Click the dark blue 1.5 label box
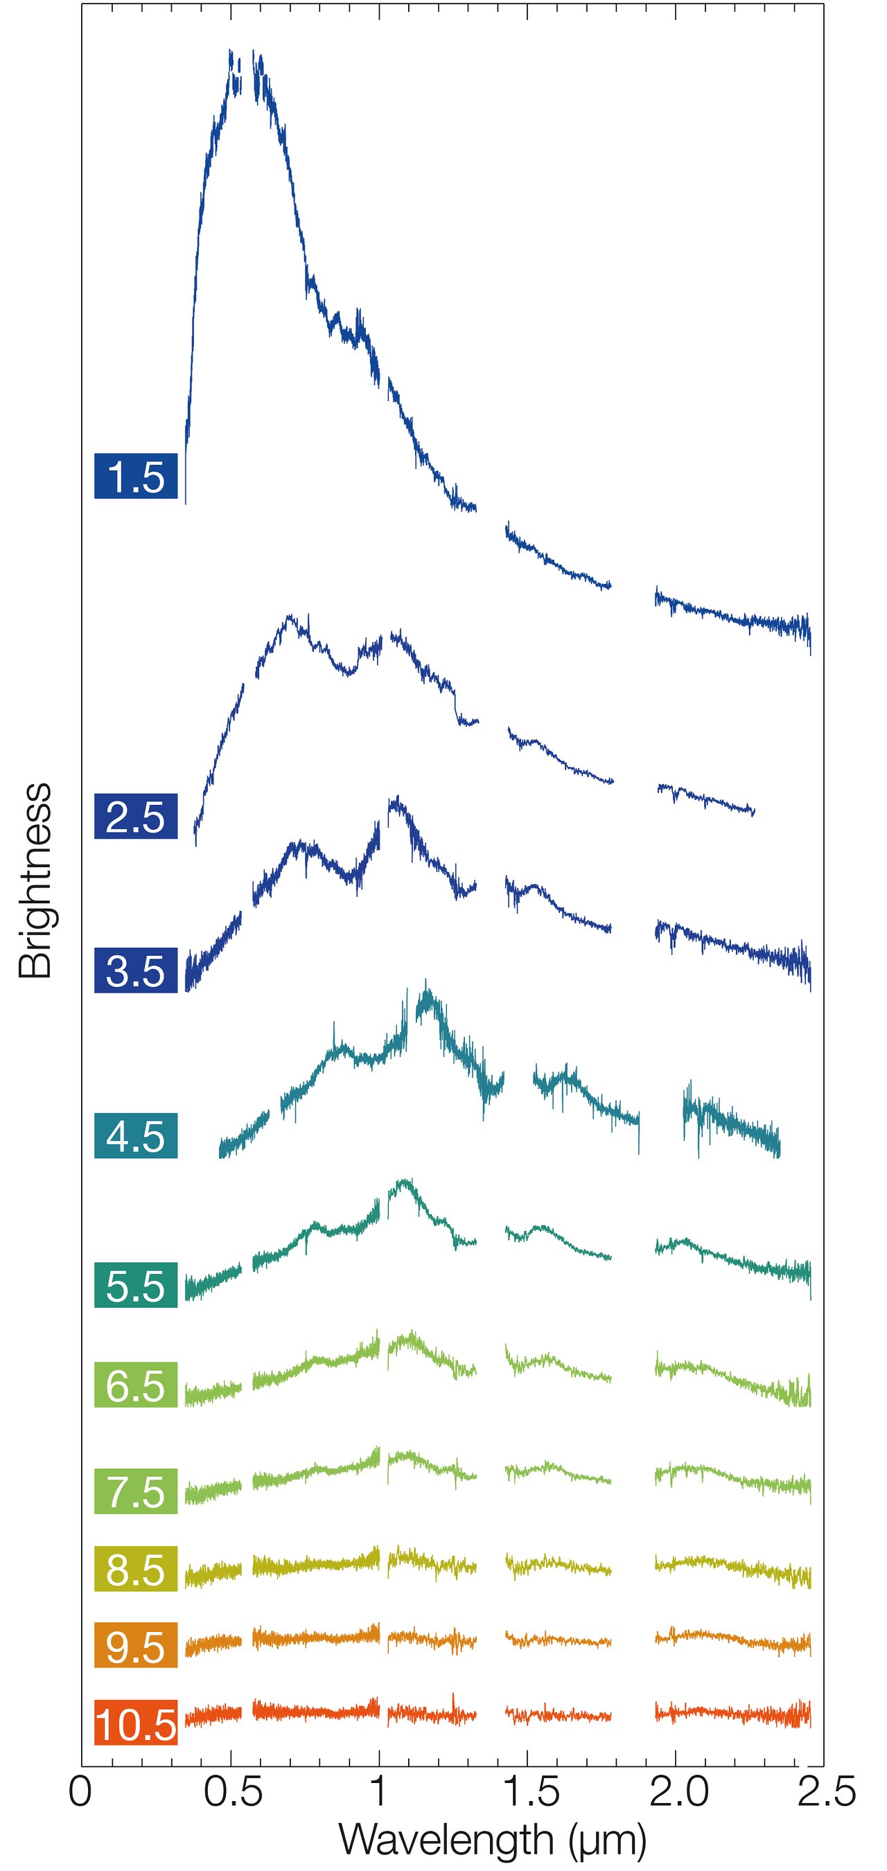[136, 477]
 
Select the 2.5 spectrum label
[136, 817]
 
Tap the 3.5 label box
[136, 970]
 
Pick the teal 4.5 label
[136, 1136]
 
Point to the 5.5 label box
[136, 1286]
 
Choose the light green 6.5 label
[136, 1385]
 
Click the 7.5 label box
[136, 1491]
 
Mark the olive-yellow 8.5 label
[136, 1569]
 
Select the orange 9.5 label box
[136, 1645]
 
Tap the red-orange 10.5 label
[136, 1722]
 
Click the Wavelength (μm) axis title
[493, 1839]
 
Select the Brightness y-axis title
[36, 880]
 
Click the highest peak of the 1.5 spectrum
[230, 51]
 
